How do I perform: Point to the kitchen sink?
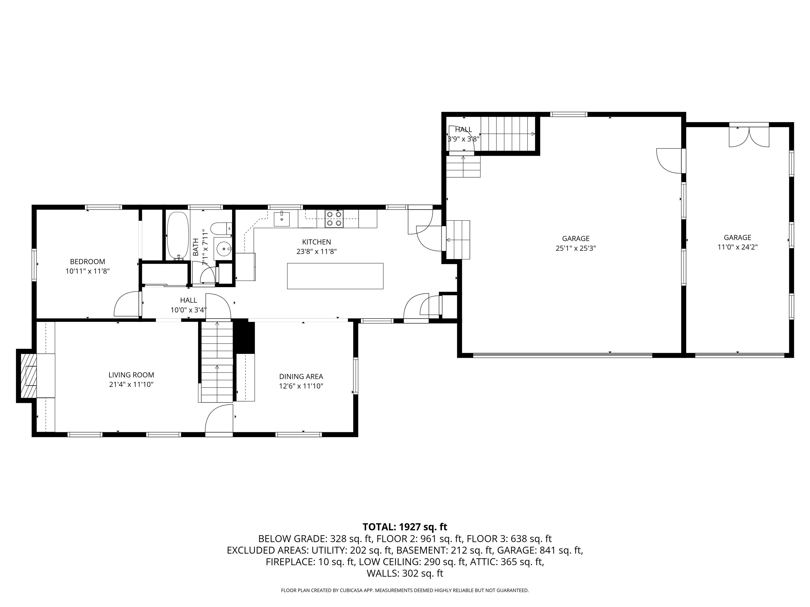(x=282, y=219)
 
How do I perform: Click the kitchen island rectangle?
(x=335, y=276)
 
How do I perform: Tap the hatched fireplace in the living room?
(x=28, y=375)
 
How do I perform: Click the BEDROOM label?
(x=88, y=262)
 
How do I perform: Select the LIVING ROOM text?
(x=131, y=375)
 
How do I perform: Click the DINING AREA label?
(x=301, y=376)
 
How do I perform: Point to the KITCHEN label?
(x=316, y=242)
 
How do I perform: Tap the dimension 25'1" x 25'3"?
(x=576, y=248)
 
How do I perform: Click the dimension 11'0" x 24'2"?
(x=737, y=247)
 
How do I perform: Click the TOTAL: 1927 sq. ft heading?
(x=405, y=527)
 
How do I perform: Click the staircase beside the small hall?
(x=508, y=134)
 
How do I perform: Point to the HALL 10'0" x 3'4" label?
(x=189, y=305)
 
